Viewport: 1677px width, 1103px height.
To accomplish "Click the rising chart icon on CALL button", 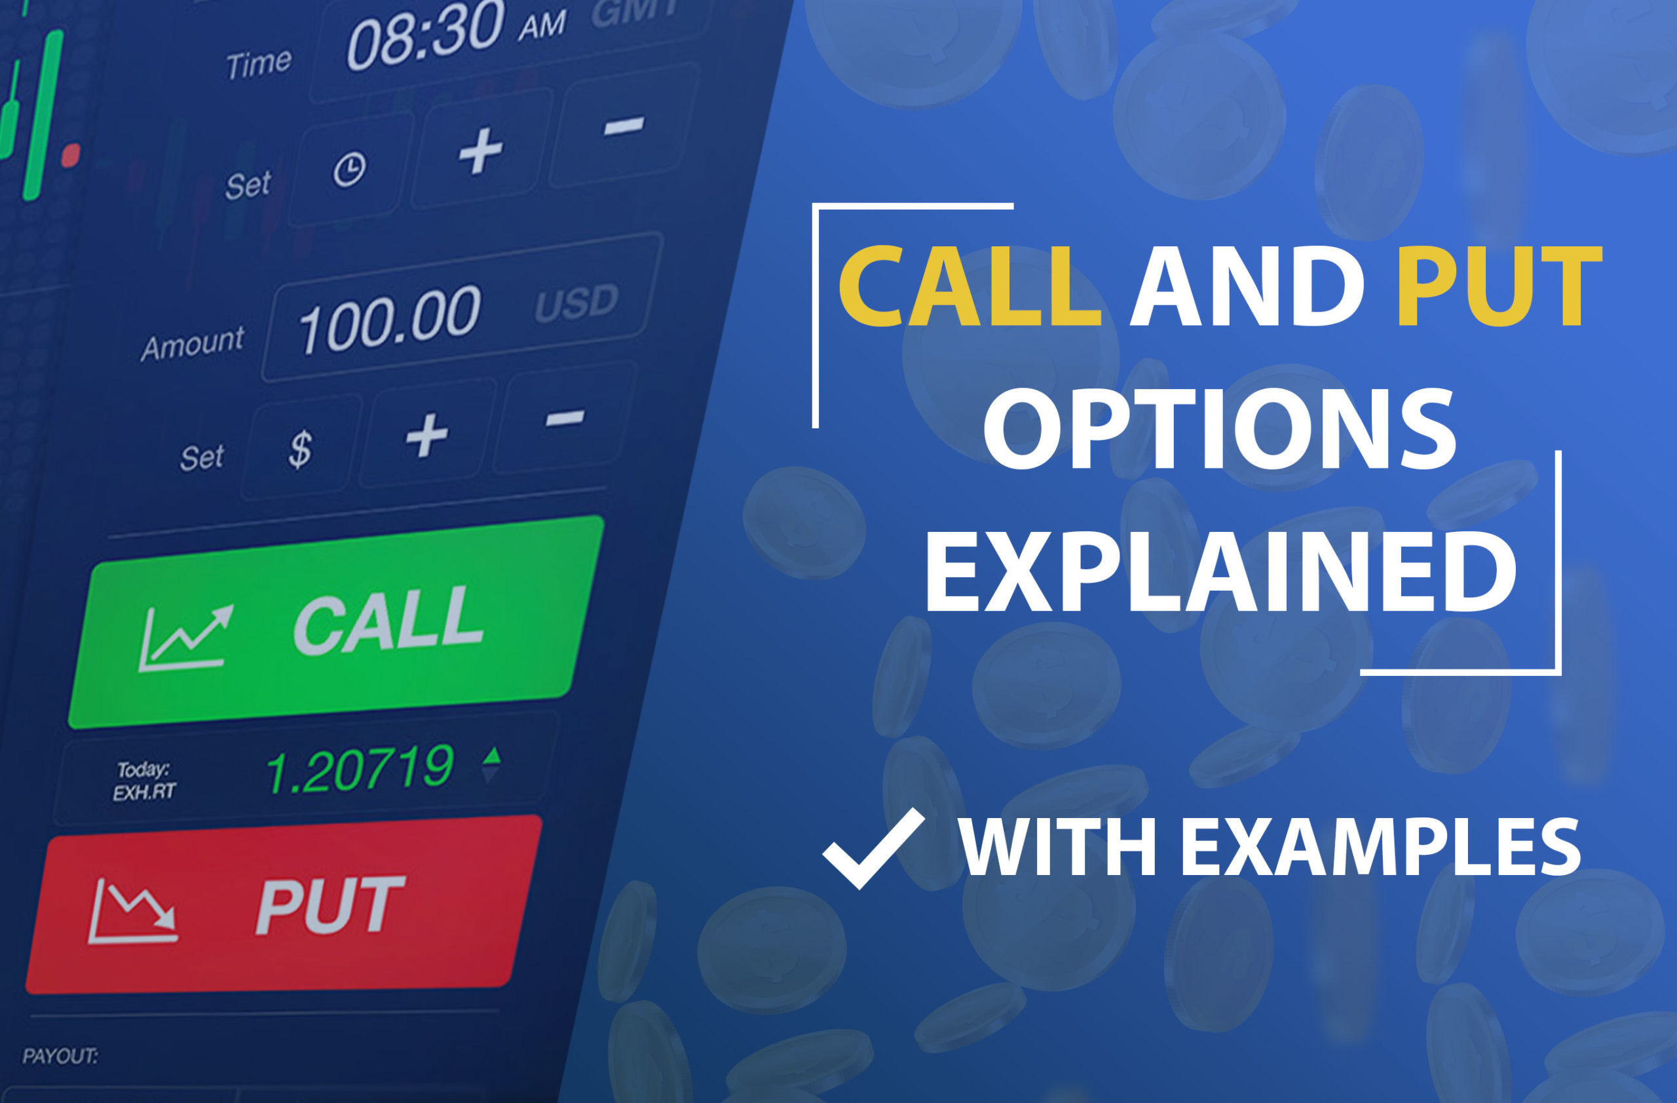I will click(x=185, y=638).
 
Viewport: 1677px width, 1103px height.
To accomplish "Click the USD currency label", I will click(x=576, y=303).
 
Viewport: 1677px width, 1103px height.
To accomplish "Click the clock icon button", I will click(x=349, y=170).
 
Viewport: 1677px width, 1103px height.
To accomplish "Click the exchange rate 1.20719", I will click(x=360, y=768).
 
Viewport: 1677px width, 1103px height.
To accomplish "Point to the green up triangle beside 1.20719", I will click(x=493, y=755).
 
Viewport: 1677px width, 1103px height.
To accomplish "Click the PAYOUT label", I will click(x=60, y=1056).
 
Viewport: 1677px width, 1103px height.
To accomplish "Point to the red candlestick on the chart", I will click(x=71, y=155).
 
